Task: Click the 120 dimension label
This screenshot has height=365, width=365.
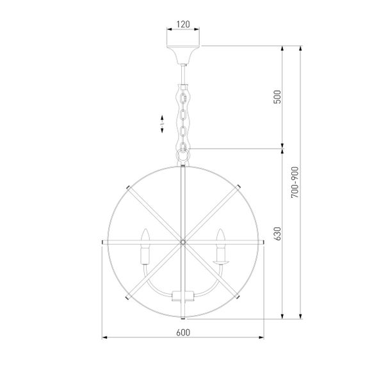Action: pyautogui.click(x=183, y=24)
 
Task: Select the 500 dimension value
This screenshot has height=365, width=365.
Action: pyautogui.click(x=277, y=97)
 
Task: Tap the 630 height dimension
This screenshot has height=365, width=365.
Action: pyautogui.click(x=277, y=234)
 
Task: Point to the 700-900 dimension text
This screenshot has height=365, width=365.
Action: pyautogui.click(x=295, y=182)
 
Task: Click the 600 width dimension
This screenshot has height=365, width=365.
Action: pyautogui.click(x=183, y=332)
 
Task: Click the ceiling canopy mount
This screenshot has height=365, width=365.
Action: pyautogui.click(x=183, y=54)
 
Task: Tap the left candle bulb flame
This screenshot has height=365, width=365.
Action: pyautogui.click(x=145, y=236)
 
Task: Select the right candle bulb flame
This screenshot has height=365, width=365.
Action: pyautogui.click(x=220, y=236)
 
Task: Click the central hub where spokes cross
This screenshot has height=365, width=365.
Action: pyautogui.click(x=183, y=242)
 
